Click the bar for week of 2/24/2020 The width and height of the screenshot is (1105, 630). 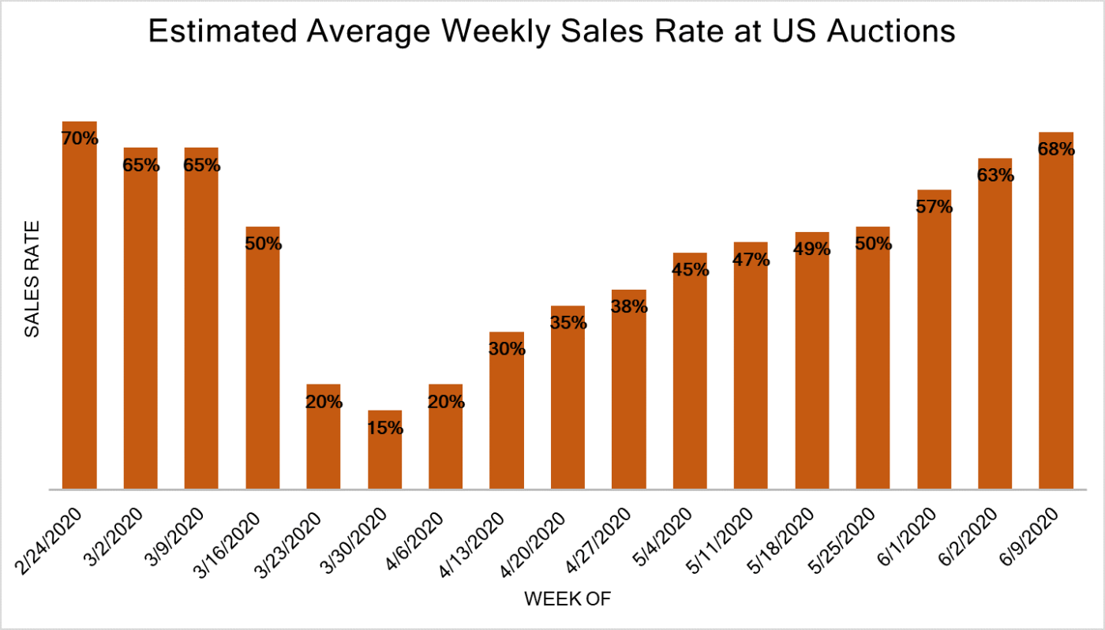80,316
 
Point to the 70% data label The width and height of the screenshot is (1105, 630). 80,139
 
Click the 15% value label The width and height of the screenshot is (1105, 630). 384,429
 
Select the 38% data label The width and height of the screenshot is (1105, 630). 629,307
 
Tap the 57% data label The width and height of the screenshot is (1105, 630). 934,208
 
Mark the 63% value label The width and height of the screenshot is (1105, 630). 994,175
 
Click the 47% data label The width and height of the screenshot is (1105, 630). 751,259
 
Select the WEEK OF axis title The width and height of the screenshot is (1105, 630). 567,599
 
